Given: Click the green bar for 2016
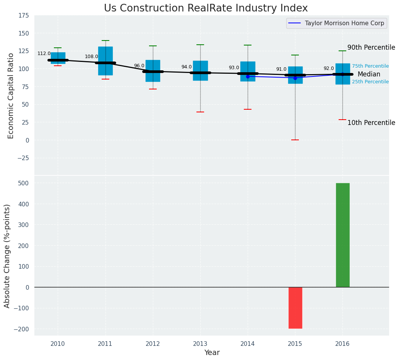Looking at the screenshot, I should pyautogui.click(x=342, y=235).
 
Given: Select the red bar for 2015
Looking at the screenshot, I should pyautogui.click(x=295, y=308).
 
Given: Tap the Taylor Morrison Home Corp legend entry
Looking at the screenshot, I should pyautogui.click(x=336, y=23).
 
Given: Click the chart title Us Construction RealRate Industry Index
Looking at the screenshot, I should pyautogui.click(x=206, y=8).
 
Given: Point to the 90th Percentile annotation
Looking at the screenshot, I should pyautogui.click(x=371, y=48).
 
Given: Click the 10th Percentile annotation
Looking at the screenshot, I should pyautogui.click(x=371, y=123).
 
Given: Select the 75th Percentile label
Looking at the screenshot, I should pyautogui.click(x=370, y=66).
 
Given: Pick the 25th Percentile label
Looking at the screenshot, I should pyautogui.click(x=370, y=82).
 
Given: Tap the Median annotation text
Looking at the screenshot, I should pyautogui.click(x=369, y=75).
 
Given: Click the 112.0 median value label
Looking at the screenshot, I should pyautogui.click(x=44, y=54).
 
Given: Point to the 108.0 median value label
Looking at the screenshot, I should pyautogui.click(x=91, y=57).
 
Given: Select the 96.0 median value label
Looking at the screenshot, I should pyautogui.click(x=139, y=66).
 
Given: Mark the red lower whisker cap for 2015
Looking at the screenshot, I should pyautogui.click(x=295, y=140).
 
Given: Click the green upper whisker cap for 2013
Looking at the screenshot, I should pyautogui.click(x=200, y=45).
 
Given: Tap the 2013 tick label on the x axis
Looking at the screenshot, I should pyautogui.click(x=200, y=344).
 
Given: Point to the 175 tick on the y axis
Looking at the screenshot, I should pyautogui.click(x=23, y=16).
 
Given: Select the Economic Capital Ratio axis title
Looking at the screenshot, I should pyautogui.click(x=11, y=96).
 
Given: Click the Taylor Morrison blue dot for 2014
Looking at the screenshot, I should pyautogui.click(x=248, y=76).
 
